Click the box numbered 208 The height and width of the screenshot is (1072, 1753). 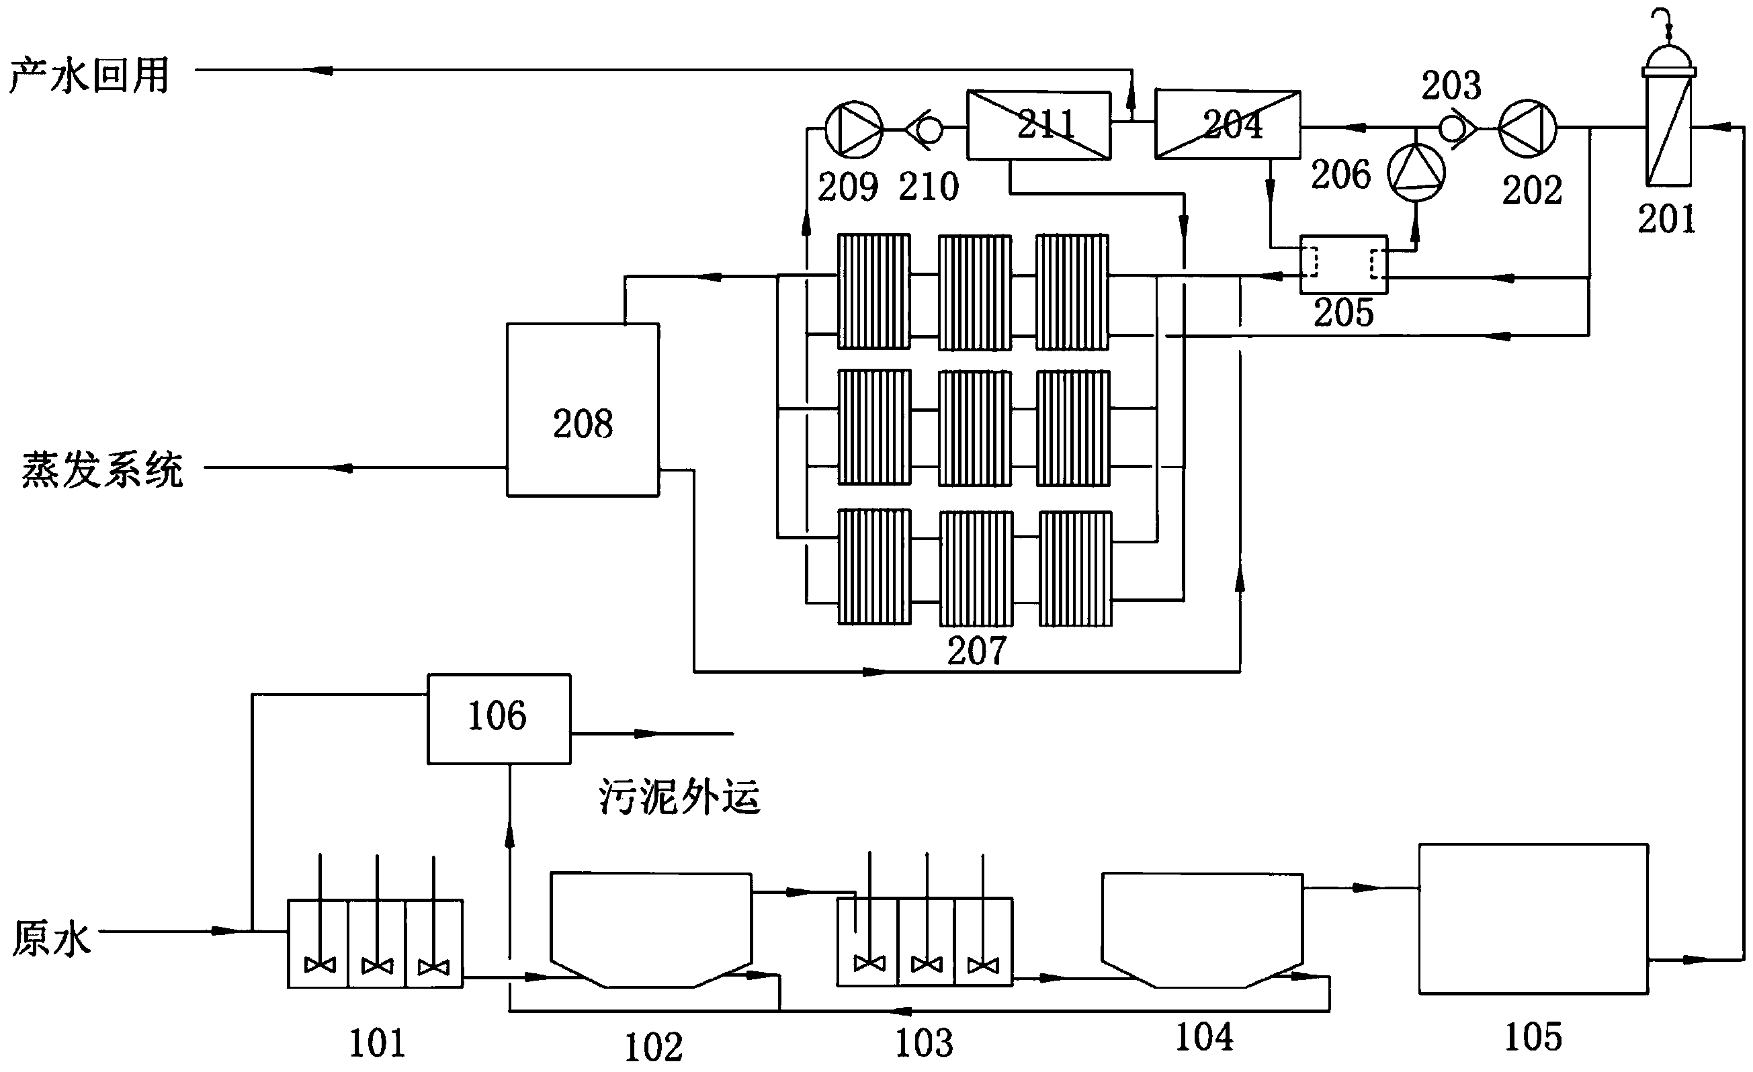tap(583, 410)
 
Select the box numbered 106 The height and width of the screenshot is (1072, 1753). tap(499, 719)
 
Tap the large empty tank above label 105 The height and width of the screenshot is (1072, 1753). tap(1533, 918)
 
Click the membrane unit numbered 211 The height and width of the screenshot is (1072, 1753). tap(1039, 125)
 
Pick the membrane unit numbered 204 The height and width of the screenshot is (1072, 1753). tap(1228, 124)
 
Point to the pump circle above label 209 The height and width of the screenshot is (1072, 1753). tap(854, 130)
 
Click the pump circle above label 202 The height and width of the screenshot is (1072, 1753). tap(1527, 129)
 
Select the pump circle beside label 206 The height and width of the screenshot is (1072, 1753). tap(1416, 172)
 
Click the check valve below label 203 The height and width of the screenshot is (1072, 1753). tap(1455, 129)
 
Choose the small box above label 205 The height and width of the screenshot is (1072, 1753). tap(1343, 264)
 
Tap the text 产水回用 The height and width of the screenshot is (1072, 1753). tap(89, 75)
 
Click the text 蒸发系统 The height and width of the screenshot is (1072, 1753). tap(102, 470)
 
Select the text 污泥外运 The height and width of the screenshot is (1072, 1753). tap(679, 796)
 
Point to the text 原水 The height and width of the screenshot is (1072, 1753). tap(51, 938)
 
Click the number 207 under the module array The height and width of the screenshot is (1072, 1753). tap(976, 650)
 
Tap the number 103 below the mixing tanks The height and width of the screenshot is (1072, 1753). tap(923, 1043)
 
